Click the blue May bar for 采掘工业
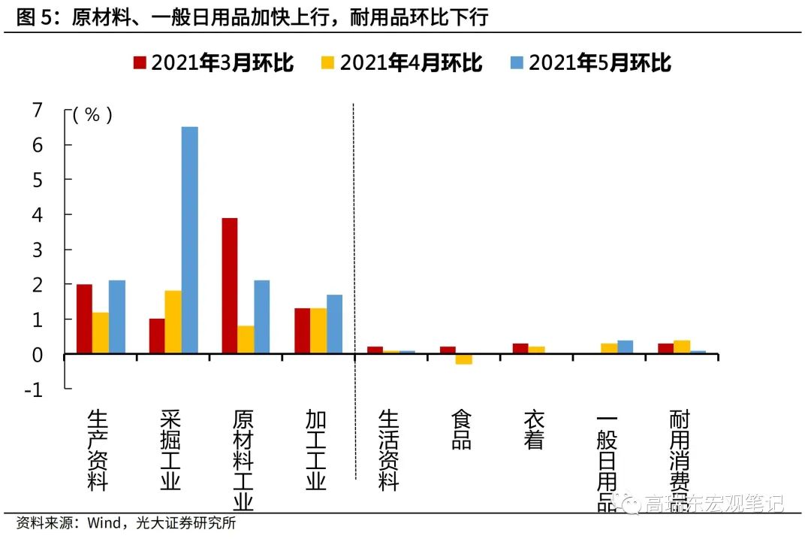pyautogui.click(x=189, y=240)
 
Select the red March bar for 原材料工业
pyautogui.click(x=230, y=286)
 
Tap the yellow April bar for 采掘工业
pyautogui.click(x=173, y=322)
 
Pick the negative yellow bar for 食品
pyautogui.click(x=463, y=359)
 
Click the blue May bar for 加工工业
pyautogui.click(x=334, y=324)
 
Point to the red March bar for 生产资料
pyautogui.click(x=84, y=319)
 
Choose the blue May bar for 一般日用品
pyautogui.click(x=625, y=347)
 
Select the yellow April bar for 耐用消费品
pyautogui.click(x=682, y=347)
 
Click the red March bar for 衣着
pyautogui.click(x=520, y=348)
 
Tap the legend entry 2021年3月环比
pyautogui.click(x=213, y=63)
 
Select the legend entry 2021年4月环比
pyautogui.click(x=402, y=63)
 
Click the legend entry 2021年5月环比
pyautogui.click(x=590, y=63)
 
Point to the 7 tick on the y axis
pyautogui.click(x=38, y=110)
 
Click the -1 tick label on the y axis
pyautogui.click(x=34, y=389)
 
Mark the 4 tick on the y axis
pyautogui.click(x=38, y=215)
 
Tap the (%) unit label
pyautogui.click(x=92, y=115)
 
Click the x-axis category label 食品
pyautogui.click(x=461, y=430)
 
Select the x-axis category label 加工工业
pyautogui.click(x=316, y=450)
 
